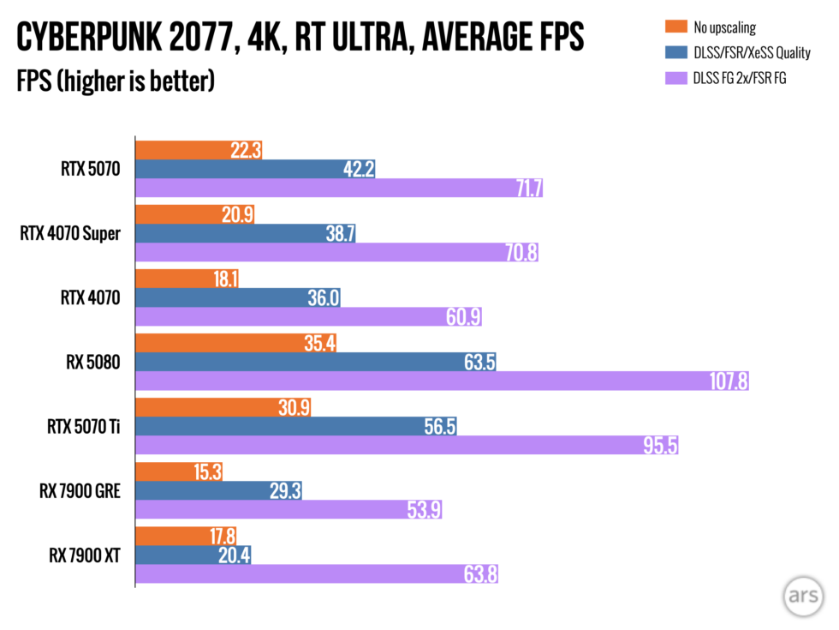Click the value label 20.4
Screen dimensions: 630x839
[x=234, y=555]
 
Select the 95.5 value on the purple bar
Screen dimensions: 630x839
[x=660, y=446]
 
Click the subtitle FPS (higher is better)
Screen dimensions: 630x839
[x=115, y=82]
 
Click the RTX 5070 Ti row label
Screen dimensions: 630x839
[x=83, y=427]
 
